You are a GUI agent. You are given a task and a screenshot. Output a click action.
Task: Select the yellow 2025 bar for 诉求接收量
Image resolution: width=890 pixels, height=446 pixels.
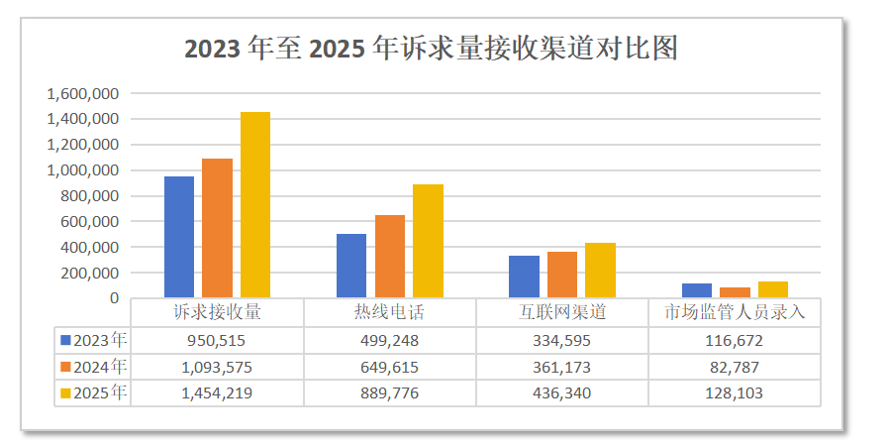[255, 204]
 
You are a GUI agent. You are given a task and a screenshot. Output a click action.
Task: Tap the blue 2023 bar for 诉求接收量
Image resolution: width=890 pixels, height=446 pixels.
[179, 237]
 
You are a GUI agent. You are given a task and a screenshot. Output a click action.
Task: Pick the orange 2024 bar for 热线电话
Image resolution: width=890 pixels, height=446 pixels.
[390, 256]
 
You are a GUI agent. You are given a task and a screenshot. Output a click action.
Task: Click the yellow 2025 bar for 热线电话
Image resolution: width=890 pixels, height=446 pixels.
[428, 241]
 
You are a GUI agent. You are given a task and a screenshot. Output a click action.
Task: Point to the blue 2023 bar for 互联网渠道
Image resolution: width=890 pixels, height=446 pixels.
[524, 277]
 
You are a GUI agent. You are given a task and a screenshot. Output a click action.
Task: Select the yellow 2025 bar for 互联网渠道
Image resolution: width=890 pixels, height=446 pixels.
[600, 270]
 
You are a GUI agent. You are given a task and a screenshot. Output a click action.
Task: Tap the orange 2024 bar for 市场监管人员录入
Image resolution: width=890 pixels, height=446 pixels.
[735, 292]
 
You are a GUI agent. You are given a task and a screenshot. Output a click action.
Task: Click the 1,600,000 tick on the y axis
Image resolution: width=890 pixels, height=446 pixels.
[83, 93]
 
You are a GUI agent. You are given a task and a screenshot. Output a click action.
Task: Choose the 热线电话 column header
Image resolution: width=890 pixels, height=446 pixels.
[389, 312]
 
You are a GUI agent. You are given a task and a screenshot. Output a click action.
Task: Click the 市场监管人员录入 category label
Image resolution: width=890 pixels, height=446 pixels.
[735, 312]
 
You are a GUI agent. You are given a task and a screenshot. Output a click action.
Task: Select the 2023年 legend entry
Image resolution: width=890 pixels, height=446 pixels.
[94, 340]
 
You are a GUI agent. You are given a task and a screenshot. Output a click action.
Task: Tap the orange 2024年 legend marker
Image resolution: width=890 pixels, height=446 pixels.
[66, 367]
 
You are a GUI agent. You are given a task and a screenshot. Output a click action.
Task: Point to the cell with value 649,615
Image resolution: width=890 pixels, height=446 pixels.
[389, 367]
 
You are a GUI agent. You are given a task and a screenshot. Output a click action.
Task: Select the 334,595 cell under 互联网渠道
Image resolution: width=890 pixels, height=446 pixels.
[561, 340]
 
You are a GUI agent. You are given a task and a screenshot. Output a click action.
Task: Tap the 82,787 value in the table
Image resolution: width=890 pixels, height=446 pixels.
[735, 367]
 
